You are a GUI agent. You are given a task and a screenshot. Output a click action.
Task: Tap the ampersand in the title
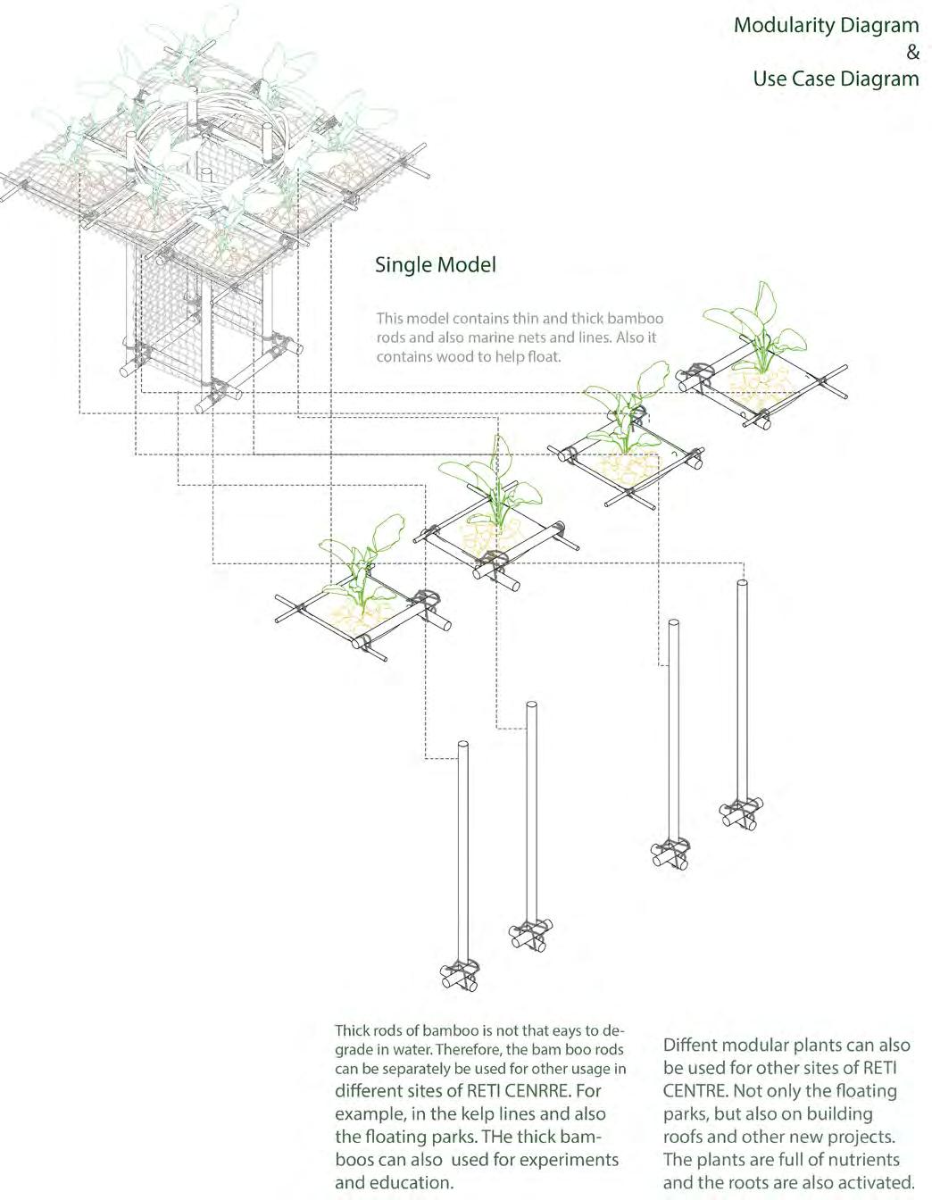pos(911,53)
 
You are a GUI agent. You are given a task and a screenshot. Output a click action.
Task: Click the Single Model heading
pos(435,265)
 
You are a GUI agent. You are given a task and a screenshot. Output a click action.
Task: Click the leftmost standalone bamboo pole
pos(462,857)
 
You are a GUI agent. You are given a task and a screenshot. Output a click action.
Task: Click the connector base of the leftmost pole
pos(460,975)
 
